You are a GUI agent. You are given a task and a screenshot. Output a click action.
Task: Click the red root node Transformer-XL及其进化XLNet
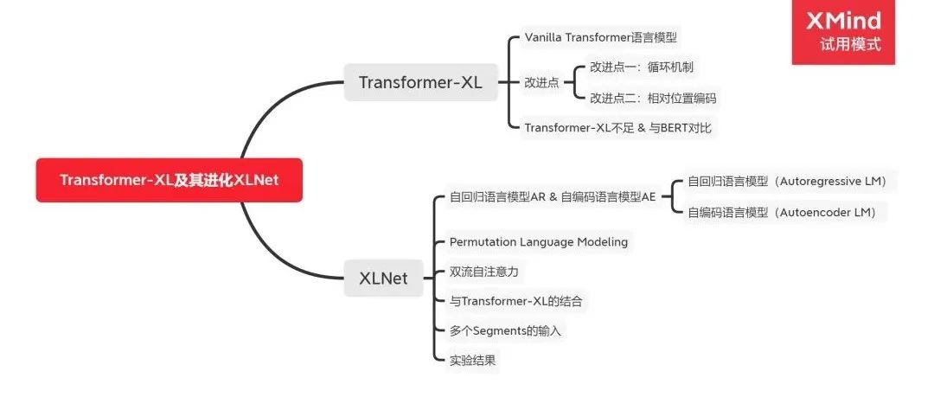click(169, 180)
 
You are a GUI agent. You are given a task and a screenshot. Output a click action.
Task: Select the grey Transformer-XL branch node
click(420, 83)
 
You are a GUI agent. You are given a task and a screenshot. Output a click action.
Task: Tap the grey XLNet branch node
click(383, 278)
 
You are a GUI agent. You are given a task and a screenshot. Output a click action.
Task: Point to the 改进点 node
click(541, 82)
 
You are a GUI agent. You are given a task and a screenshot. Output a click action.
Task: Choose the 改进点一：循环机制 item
click(642, 67)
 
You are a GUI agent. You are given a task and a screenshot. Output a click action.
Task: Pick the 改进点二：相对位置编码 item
click(653, 99)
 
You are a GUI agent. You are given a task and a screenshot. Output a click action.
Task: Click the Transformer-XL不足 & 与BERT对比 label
click(619, 128)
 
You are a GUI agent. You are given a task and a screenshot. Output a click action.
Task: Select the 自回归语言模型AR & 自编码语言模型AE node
click(553, 196)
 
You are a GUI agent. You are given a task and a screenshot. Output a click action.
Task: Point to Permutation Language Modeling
click(538, 242)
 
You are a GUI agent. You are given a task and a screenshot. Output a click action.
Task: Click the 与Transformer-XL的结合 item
click(515, 301)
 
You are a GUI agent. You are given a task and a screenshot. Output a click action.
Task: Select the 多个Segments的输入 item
click(507, 330)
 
